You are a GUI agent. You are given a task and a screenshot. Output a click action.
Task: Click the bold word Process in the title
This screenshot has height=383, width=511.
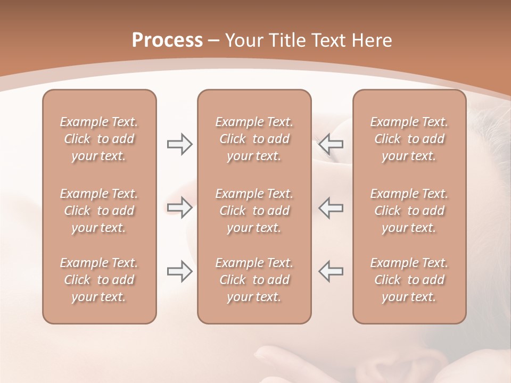coord(167,40)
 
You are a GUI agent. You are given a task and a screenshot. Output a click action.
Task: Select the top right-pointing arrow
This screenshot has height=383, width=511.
coord(179,144)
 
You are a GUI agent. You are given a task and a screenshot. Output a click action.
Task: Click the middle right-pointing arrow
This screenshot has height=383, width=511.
coord(179,207)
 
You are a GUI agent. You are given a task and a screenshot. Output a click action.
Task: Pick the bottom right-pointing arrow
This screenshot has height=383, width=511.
coord(179,271)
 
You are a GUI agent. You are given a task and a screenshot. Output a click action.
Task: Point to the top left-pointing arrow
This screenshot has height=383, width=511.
coord(331,144)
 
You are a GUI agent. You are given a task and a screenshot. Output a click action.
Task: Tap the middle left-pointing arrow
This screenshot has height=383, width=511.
coord(331,207)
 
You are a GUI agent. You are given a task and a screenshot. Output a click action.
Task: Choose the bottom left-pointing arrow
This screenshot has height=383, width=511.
coord(331,271)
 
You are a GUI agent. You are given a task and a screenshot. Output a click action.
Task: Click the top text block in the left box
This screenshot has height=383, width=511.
coord(99,139)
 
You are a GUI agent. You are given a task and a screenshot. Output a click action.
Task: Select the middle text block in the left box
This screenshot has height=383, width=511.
coord(99,211)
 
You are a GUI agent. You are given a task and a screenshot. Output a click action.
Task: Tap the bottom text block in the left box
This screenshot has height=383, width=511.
coord(99,280)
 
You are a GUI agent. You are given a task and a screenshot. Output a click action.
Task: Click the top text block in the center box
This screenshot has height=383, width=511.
coord(254,139)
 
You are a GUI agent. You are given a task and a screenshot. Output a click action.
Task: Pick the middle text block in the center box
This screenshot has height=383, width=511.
coord(254,211)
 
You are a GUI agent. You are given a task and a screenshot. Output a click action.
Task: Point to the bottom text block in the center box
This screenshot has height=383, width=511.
coord(254,280)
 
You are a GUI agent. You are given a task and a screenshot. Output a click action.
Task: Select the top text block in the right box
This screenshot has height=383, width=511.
coord(409,139)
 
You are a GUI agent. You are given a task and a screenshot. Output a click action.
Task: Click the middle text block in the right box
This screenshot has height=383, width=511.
coord(409,211)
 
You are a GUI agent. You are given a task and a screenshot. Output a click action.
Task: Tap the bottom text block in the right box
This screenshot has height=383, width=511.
coord(409,280)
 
